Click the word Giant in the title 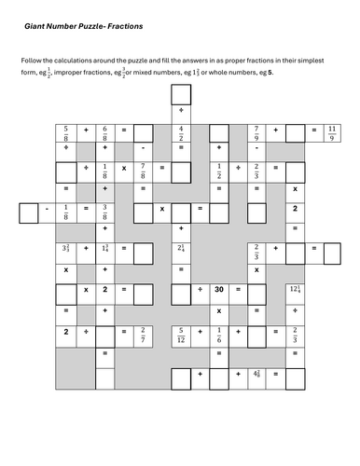(36, 29)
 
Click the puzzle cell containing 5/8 (66, 130)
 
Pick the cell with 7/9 (256, 130)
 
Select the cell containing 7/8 (143, 171)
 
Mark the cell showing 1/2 (218, 171)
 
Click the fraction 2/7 (143, 332)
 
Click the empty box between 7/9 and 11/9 (294, 130)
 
